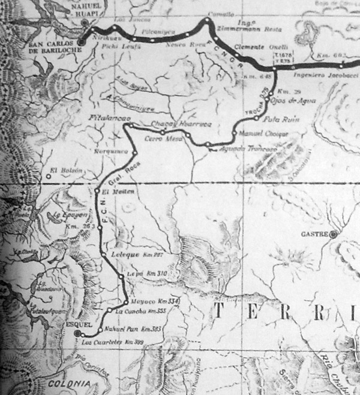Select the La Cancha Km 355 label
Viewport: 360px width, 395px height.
[140, 311]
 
